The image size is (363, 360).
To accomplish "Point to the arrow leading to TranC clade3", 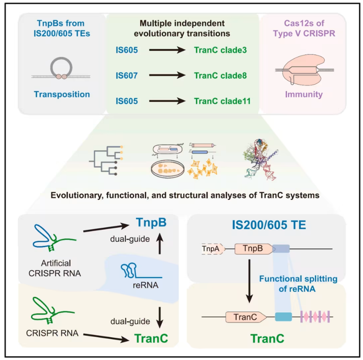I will pos(166,50).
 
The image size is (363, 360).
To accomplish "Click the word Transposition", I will pos(62,95).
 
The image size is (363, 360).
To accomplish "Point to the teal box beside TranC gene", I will pos(284,317).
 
